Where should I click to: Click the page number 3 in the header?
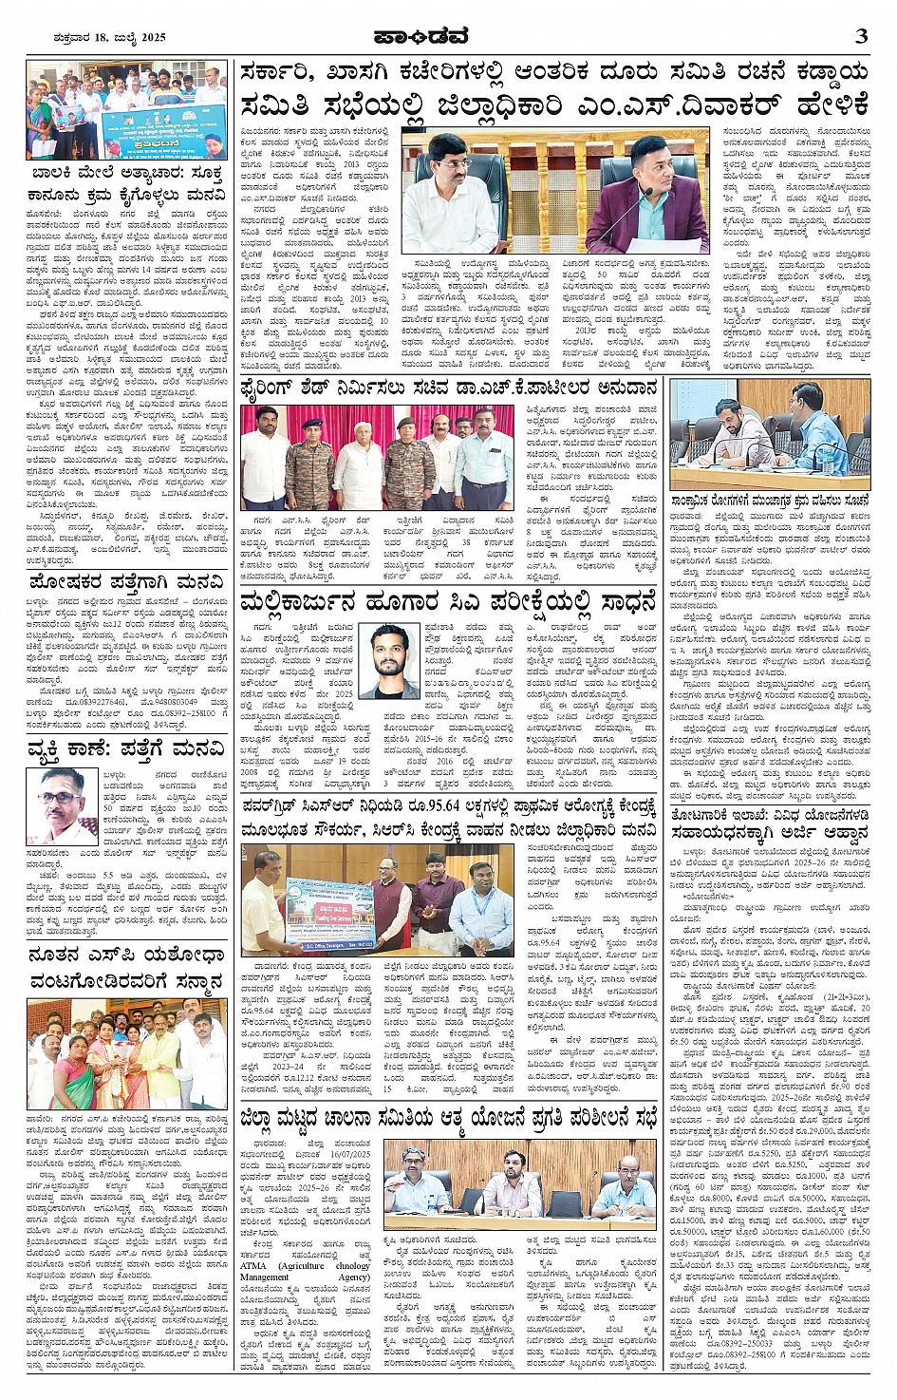tap(861, 36)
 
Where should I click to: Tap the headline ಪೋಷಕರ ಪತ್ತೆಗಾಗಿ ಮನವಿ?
tap(125, 580)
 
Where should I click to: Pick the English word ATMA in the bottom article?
tap(253, 1266)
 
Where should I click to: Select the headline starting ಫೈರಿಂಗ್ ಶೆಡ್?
tap(448, 388)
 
